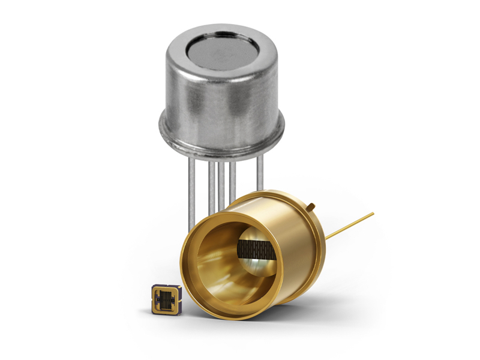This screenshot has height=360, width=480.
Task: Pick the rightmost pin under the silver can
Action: (259, 174)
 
